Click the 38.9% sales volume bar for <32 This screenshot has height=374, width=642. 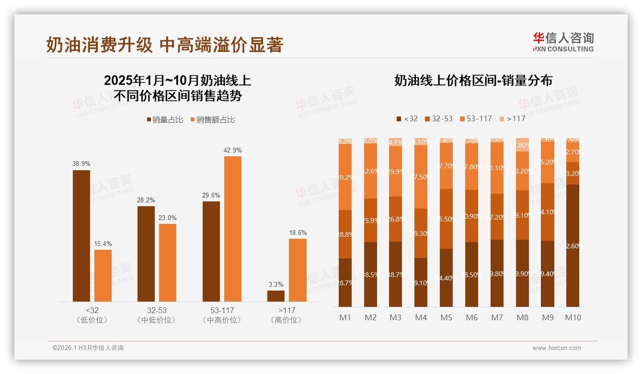(x=81, y=235)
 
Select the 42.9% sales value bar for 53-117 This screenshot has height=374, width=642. (x=233, y=229)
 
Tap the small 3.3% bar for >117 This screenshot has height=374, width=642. (x=276, y=296)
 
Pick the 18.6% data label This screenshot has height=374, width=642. (x=298, y=233)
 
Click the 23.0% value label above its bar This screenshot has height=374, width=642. (x=168, y=218)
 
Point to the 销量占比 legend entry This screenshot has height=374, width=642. (x=165, y=120)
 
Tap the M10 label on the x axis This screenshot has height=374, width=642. (x=573, y=317)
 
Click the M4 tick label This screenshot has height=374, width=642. (x=421, y=317)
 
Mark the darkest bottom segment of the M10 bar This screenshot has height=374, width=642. (x=573, y=245)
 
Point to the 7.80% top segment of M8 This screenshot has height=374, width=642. (x=523, y=145)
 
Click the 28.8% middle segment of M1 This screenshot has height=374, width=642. (x=345, y=234)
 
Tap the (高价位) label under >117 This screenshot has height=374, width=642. (x=287, y=320)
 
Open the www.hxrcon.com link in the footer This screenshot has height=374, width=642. (x=557, y=348)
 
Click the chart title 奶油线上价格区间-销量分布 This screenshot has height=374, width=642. (x=473, y=80)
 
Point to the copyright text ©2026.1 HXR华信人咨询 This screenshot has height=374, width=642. (x=88, y=348)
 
